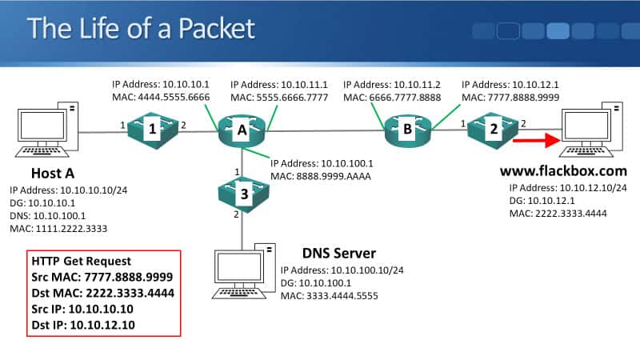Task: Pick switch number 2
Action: click(x=494, y=128)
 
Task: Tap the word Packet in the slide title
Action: click(x=211, y=29)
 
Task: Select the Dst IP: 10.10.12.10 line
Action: click(x=90, y=325)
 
